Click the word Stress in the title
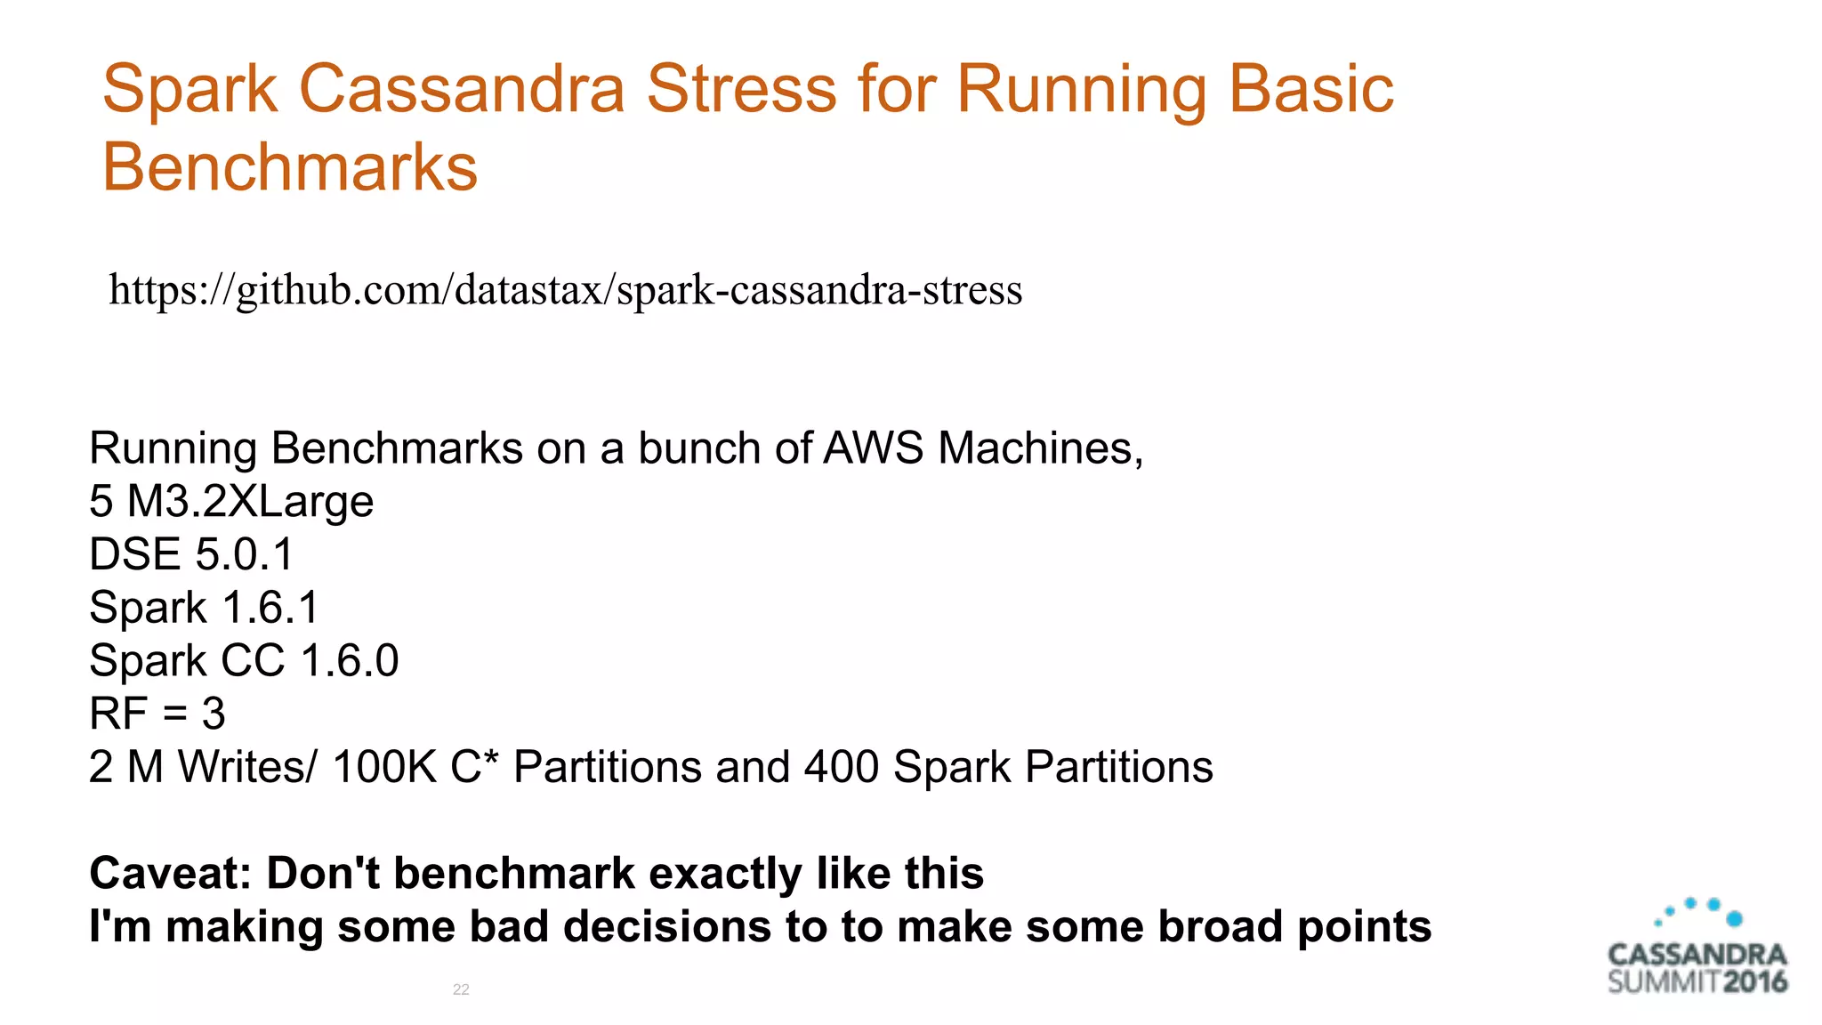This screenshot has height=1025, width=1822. pyautogui.click(x=741, y=89)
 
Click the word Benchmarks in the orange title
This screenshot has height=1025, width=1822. pyautogui.click(x=290, y=167)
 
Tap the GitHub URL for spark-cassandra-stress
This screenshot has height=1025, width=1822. pyautogui.click(x=565, y=290)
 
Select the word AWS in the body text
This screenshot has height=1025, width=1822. pyautogui.click(x=873, y=448)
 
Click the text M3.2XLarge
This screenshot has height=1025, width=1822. pyautogui.click(x=250, y=501)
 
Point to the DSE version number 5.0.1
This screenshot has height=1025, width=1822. pyautogui.click(x=244, y=554)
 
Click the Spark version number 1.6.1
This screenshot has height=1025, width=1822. pyautogui.click(x=270, y=608)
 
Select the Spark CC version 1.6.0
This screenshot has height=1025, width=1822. pyautogui.click(x=349, y=661)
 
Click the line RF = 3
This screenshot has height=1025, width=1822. pyautogui.click(x=157, y=714)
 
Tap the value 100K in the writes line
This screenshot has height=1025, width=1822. pyautogui.click(x=384, y=767)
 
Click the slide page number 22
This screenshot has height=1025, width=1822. pyautogui.click(x=461, y=989)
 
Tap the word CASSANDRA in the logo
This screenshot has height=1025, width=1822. pyautogui.click(x=1697, y=956)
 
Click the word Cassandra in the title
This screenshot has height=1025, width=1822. pyautogui.click(x=462, y=89)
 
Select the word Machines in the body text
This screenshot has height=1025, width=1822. pyautogui.click(x=1040, y=448)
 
